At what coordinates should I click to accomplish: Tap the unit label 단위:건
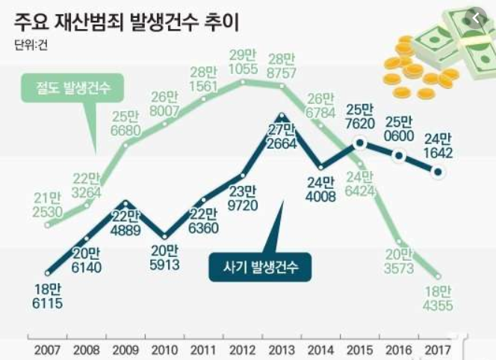(x=31, y=46)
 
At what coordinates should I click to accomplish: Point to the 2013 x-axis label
(x=281, y=349)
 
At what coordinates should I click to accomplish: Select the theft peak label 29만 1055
(x=243, y=63)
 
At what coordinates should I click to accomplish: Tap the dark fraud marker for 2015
(x=360, y=142)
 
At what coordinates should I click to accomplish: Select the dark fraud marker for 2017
(x=438, y=173)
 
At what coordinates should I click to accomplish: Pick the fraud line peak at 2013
(x=281, y=117)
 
